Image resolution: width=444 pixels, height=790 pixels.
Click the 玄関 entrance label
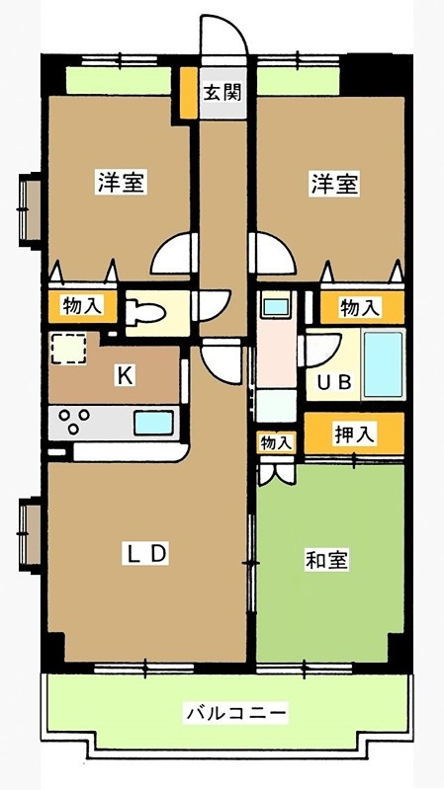(222, 93)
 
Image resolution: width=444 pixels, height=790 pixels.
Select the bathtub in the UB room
(384, 363)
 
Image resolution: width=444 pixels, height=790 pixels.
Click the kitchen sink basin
(153, 423)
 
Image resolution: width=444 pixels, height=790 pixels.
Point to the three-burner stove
(74, 422)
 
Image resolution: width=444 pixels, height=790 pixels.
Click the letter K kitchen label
(126, 376)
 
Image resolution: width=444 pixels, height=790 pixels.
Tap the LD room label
(144, 554)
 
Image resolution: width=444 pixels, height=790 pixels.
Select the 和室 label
(327, 560)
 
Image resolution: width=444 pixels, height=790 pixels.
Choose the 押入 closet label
(355, 434)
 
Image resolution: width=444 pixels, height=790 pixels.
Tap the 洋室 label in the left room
(122, 184)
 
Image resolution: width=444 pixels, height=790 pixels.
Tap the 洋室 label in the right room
(334, 185)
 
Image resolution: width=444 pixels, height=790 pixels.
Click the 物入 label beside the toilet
(82, 305)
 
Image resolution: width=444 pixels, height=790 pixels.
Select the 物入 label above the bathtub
(360, 307)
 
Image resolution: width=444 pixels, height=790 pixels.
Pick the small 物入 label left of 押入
(276, 443)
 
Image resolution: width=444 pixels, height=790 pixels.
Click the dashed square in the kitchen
(68, 349)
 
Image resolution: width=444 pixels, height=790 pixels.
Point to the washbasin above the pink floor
(276, 306)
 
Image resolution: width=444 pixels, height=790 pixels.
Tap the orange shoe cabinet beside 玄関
(189, 93)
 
